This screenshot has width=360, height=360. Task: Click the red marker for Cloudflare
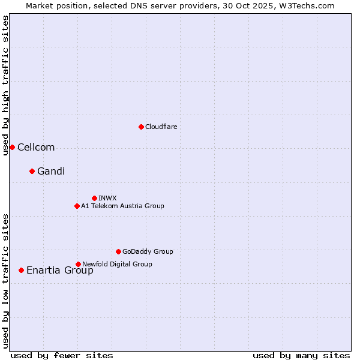click(141, 127)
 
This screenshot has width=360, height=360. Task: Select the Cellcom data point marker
click(12, 147)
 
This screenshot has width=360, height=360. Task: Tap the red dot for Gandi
click(32, 171)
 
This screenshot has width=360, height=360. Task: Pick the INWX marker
click(94, 198)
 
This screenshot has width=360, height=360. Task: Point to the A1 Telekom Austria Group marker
click(77, 206)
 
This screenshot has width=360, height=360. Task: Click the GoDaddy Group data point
click(118, 251)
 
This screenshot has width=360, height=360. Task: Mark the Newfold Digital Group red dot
click(78, 264)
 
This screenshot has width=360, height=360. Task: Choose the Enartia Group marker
click(21, 270)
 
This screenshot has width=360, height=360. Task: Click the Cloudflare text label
click(161, 127)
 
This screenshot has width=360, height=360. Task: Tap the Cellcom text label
click(36, 147)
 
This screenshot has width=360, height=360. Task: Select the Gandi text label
click(51, 171)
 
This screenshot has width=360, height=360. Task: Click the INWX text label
click(107, 198)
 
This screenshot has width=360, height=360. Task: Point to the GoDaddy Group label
click(148, 251)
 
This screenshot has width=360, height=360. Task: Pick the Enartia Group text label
click(60, 270)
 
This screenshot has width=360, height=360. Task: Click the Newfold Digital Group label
click(117, 264)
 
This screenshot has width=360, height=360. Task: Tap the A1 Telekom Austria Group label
click(122, 206)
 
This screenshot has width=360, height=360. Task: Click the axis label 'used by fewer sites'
click(62, 355)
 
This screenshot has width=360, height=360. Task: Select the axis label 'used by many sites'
click(301, 355)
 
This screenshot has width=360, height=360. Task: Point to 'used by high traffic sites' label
click(5, 85)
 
